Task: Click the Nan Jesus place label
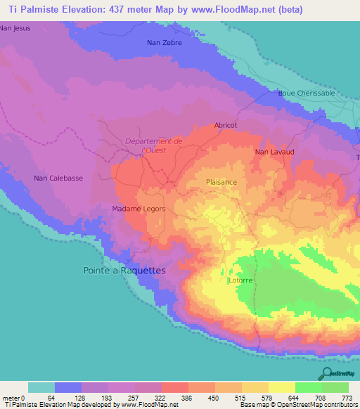(15, 28)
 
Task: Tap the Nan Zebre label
(165, 43)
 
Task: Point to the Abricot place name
(226, 125)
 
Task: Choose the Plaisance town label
(221, 182)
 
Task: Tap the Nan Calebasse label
(58, 178)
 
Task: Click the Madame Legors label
(139, 209)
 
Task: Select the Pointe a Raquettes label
(124, 270)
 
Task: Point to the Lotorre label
(240, 280)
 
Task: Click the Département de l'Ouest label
(153, 145)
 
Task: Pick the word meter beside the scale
(11, 397)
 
